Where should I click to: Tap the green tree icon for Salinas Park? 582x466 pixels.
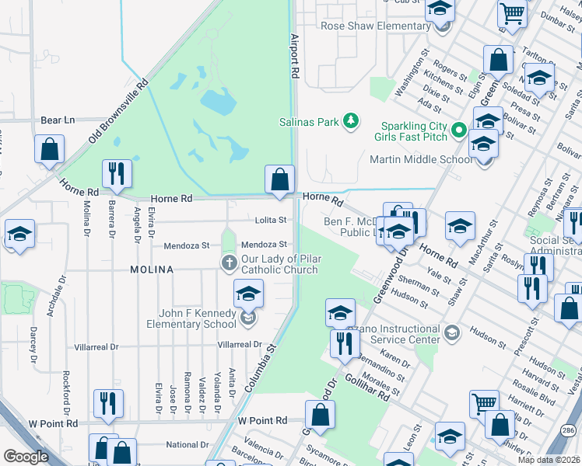[352, 120]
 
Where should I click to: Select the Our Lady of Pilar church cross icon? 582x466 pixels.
[230, 263]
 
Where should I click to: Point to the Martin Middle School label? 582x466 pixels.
[420, 159]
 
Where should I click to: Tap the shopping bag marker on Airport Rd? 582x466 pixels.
[279, 179]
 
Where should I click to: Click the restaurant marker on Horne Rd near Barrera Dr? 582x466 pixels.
[117, 174]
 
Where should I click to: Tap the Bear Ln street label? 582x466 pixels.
[58, 120]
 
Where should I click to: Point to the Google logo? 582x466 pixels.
[26, 457]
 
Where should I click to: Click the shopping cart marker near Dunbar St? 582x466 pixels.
[513, 12]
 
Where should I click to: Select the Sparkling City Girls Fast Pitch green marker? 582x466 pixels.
[459, 129]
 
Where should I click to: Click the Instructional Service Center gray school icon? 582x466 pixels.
[451, 334]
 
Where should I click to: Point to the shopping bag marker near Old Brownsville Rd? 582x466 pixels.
[49, 150]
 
